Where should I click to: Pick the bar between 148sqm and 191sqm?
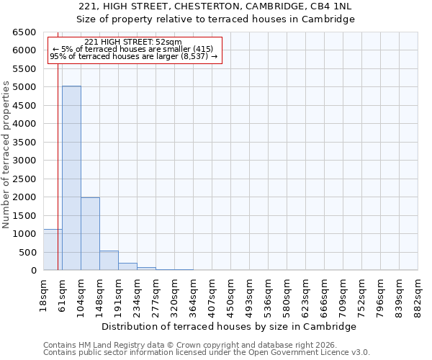[x=109, y=261]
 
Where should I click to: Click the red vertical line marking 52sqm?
[x=58, y=166]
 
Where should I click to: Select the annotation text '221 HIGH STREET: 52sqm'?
[x=133, y=42]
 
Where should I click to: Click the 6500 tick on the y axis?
[x=24, y=32]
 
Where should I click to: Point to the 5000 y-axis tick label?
[x=24, y=87]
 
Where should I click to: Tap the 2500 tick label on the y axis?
[x=24, y=179]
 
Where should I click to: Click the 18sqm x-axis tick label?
[x=44, y=293]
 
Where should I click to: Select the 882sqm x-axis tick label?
[x=418, y=293]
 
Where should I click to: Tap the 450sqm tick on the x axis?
[x=231, y=293]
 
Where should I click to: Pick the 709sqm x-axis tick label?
[x=343, y=293]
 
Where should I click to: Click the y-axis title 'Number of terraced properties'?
[x=6, y=155]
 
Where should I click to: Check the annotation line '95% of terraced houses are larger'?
[x=133, y=56]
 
